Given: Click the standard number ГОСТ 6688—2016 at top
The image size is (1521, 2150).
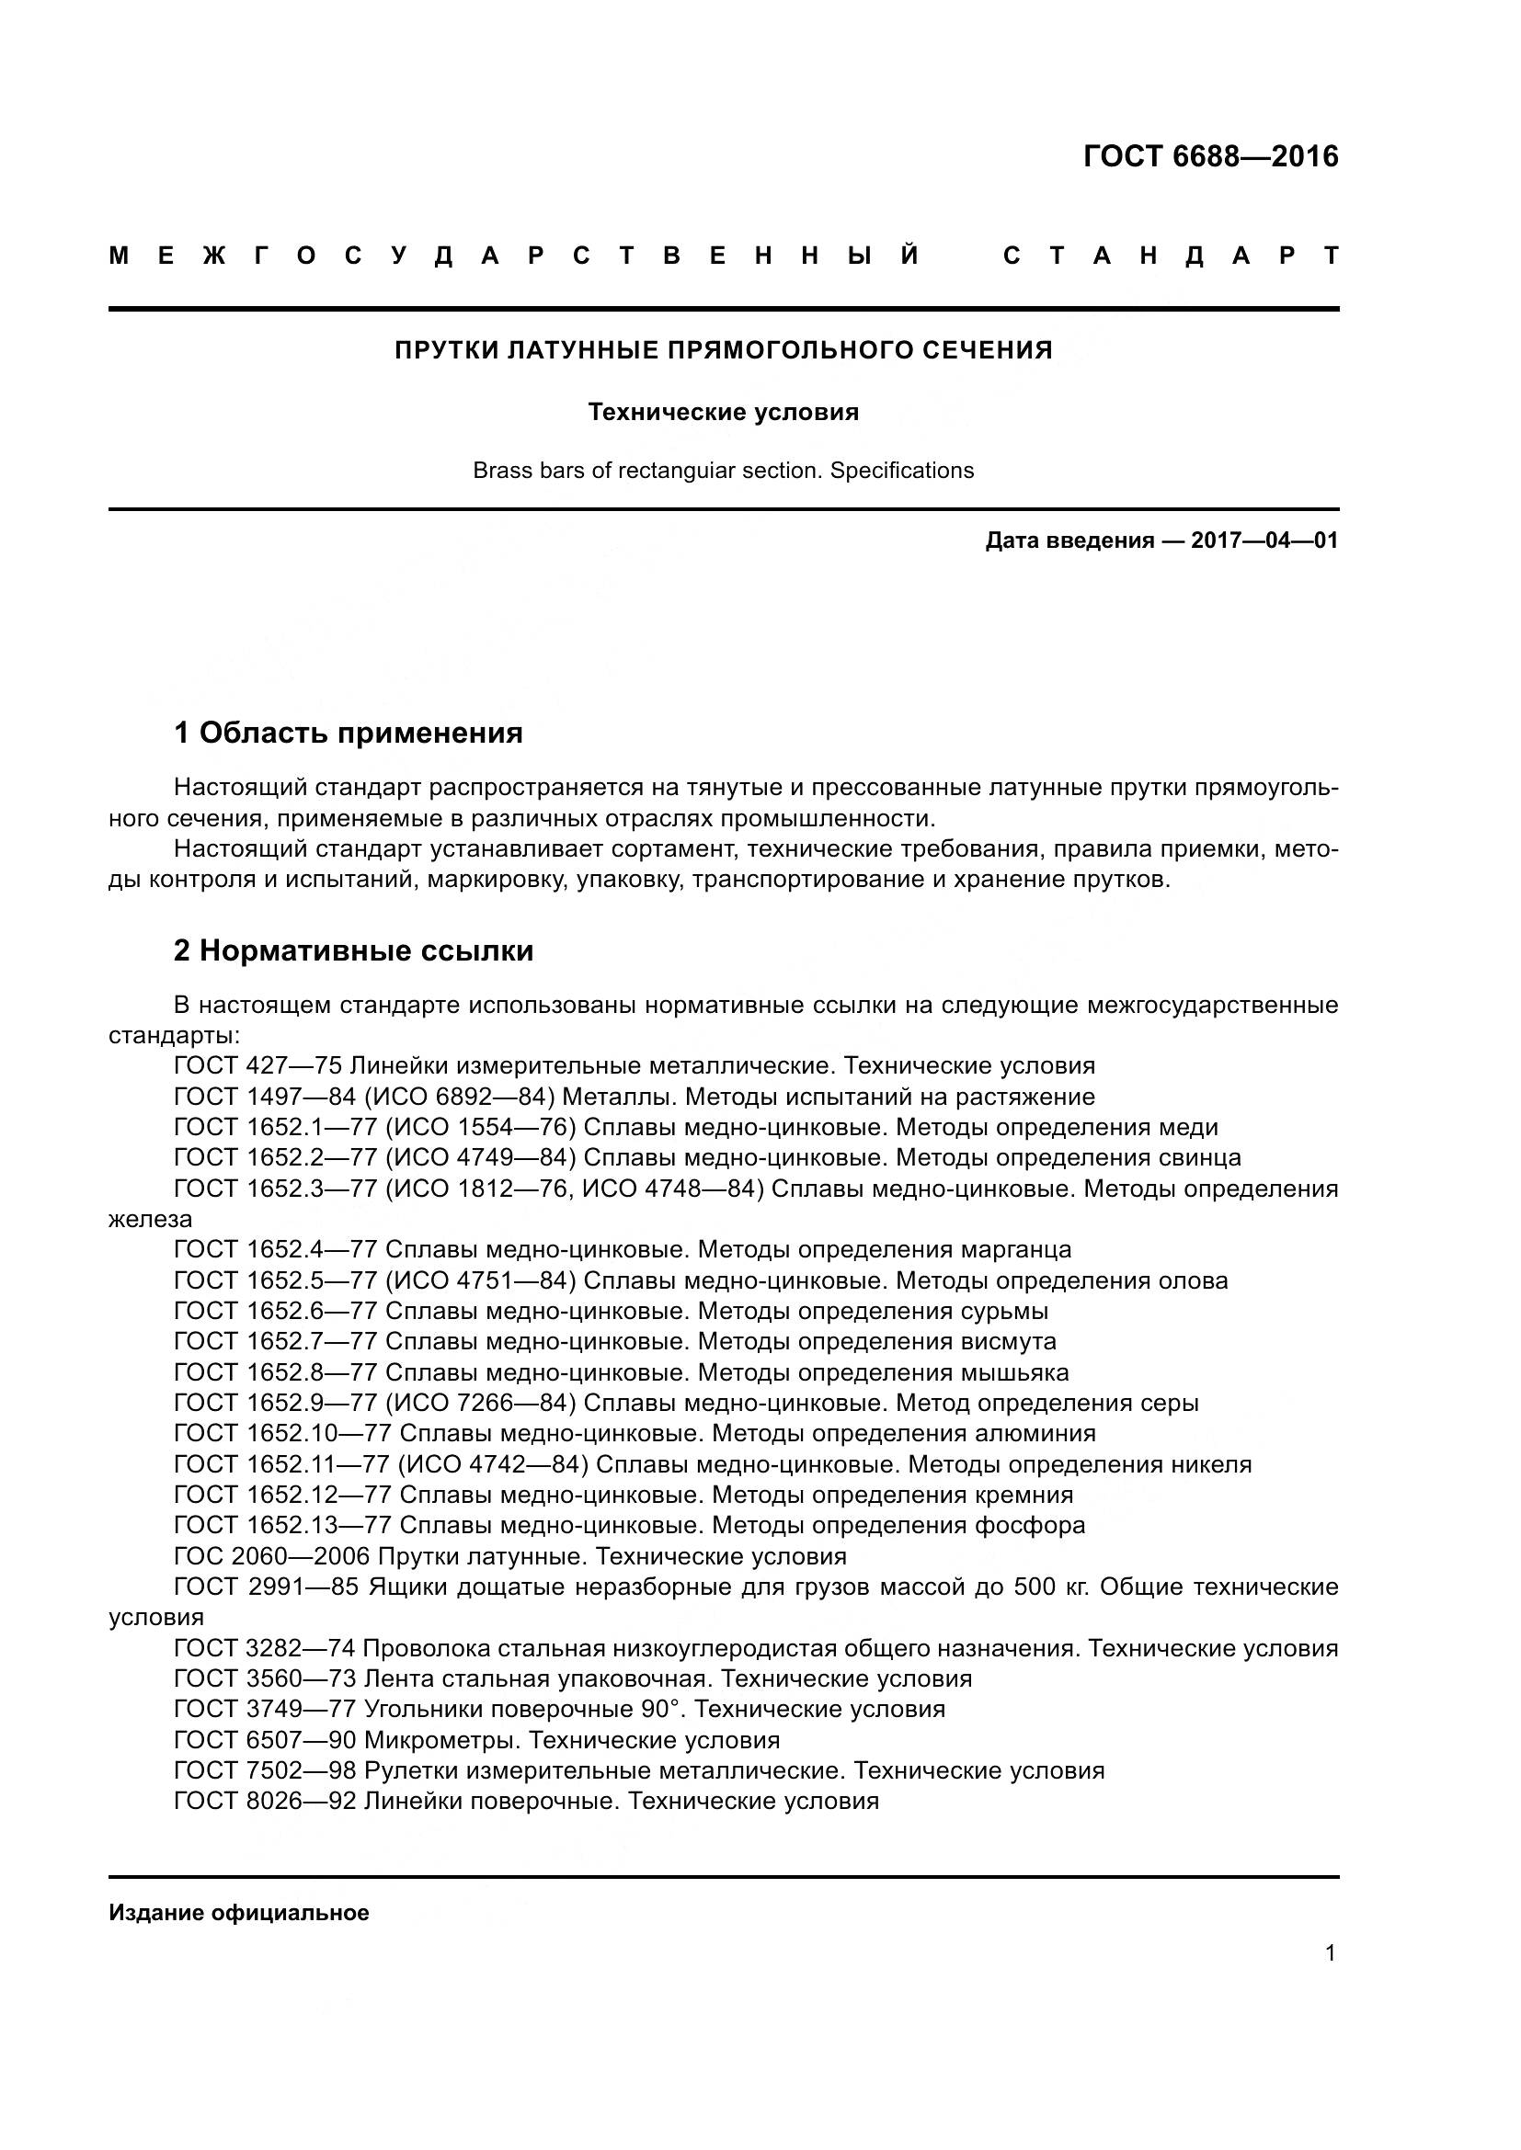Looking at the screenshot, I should (1210, 156).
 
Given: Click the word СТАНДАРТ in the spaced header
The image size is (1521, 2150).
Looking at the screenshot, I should (1170, 256).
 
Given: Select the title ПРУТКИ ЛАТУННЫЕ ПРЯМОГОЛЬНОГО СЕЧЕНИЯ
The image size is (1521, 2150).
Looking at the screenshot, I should (723, 350).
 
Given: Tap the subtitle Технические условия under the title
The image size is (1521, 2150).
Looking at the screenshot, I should (723, 412).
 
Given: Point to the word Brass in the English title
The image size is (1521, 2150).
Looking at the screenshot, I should (499, 470).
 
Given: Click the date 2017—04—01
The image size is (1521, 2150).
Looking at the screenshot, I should (1264, 540).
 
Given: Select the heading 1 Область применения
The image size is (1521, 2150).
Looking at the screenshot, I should (349, 733).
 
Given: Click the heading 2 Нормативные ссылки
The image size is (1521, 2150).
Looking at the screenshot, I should (354, 950).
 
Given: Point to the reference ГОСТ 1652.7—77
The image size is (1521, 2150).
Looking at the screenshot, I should (275, 1341).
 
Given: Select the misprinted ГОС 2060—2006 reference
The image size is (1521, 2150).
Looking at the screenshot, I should (271, 1556).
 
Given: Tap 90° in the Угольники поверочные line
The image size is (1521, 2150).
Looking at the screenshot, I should (659, 1709).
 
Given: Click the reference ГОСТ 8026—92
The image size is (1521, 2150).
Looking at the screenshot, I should (264, 1801).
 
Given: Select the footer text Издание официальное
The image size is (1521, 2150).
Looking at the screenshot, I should (239, 1912).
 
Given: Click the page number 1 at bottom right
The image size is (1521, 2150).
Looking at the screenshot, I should (1330, 1952).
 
